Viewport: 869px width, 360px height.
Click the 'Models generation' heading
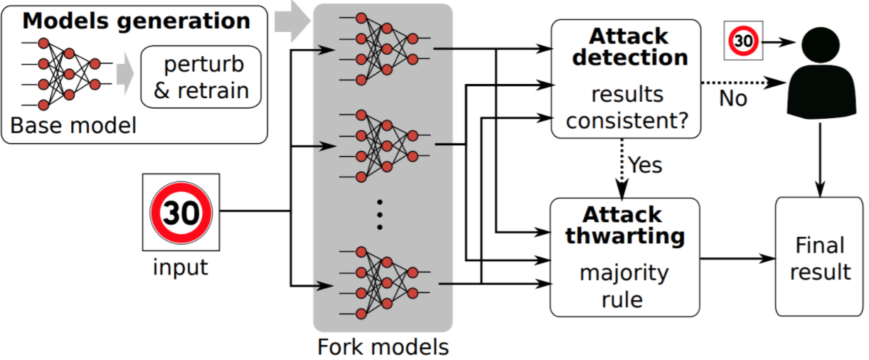[136, 21]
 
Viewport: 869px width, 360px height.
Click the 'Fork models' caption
[383, 347]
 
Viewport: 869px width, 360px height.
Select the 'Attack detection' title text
[629, 46]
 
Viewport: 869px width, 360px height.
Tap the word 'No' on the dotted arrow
[732, 98]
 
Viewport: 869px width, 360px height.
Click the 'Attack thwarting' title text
[625, 225]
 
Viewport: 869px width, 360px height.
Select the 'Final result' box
[819, 258]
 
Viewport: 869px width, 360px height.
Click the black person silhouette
[820, 74]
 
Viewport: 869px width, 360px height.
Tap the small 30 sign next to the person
[742, 41]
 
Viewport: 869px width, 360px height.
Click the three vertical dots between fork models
[380, 214]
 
